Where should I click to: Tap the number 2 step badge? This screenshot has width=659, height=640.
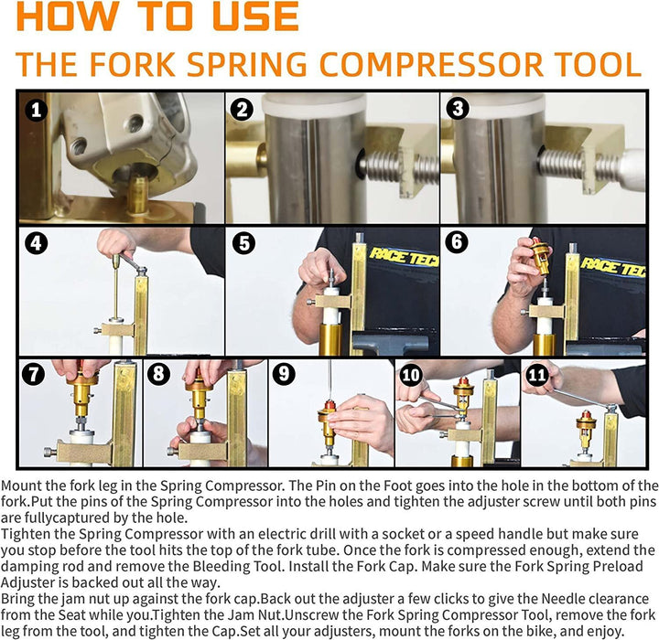(x=242, y=110)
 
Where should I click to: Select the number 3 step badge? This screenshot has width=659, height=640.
(x=458, y=110)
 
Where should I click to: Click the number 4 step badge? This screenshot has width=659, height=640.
(x=36, y=245)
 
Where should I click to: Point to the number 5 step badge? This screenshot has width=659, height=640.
(x=243, y=245)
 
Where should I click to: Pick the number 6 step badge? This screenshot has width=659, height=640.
(x=458, y=245)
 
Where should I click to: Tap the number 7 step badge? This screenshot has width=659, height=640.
(x=33, y=374)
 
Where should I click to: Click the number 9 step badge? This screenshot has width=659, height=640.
(x=283, y=374)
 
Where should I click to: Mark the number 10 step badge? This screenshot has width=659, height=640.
(x=410, y=374)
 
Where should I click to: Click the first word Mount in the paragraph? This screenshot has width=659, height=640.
(x=25, y=485)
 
